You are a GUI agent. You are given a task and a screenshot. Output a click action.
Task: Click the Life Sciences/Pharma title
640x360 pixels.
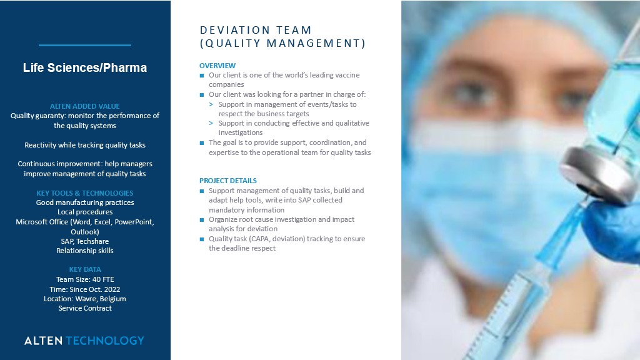point(85,67)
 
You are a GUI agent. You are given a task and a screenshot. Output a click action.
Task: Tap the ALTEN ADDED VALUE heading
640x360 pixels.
point(85,106)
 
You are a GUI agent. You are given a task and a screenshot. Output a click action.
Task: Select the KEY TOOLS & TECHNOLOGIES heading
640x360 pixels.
point(85,193)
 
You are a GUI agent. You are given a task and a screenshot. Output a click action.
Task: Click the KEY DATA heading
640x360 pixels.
point(85,269)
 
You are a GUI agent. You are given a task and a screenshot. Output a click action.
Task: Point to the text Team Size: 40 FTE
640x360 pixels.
point(85,279)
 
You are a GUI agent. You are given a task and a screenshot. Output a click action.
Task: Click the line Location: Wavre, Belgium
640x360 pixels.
point(85,299)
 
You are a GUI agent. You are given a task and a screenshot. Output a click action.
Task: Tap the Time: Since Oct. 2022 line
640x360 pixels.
point(85,289)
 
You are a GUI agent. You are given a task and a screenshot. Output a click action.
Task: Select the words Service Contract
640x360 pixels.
point(85,308)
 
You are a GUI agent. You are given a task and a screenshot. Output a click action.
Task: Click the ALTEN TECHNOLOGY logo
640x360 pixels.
point(84,341)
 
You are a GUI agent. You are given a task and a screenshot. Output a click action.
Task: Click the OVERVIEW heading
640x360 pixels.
point(217,66)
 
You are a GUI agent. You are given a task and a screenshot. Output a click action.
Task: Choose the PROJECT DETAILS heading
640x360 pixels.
point(228,181)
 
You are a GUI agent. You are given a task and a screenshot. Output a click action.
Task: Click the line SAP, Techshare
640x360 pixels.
point(85,241)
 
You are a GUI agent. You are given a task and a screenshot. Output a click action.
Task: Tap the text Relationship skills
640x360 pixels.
point(85,251)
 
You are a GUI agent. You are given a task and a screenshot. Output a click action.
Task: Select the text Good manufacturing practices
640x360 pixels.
point(85,202)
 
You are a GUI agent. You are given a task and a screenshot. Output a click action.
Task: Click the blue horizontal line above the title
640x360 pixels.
point(85,45)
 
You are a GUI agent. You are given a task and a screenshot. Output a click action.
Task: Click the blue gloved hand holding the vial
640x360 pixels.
point(616,225)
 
